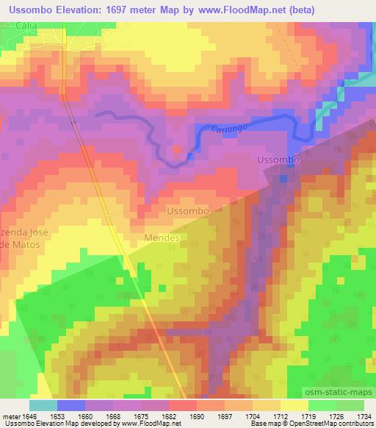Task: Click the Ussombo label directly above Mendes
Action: click(189, 211)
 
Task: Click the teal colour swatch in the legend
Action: click(43, 404)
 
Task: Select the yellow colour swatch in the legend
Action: click(294, 404)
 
